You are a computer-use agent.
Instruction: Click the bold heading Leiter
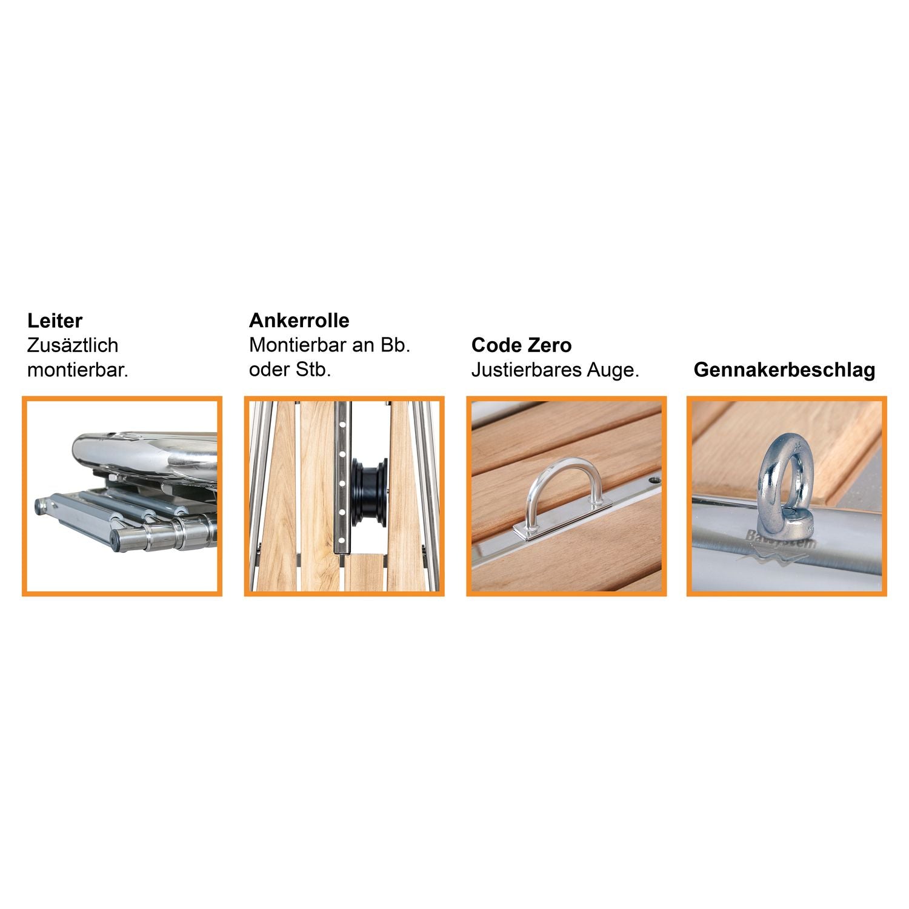pos(55,321)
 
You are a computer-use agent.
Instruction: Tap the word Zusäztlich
pos(73,345)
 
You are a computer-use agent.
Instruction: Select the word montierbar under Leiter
pos(76,370)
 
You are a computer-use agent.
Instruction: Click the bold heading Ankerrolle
pos(299,320)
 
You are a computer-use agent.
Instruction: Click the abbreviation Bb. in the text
pos(395,345)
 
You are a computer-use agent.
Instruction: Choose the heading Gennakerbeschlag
pos(784,370)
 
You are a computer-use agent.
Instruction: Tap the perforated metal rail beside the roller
pos(342,479)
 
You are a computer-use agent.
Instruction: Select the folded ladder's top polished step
pos(145,451)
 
